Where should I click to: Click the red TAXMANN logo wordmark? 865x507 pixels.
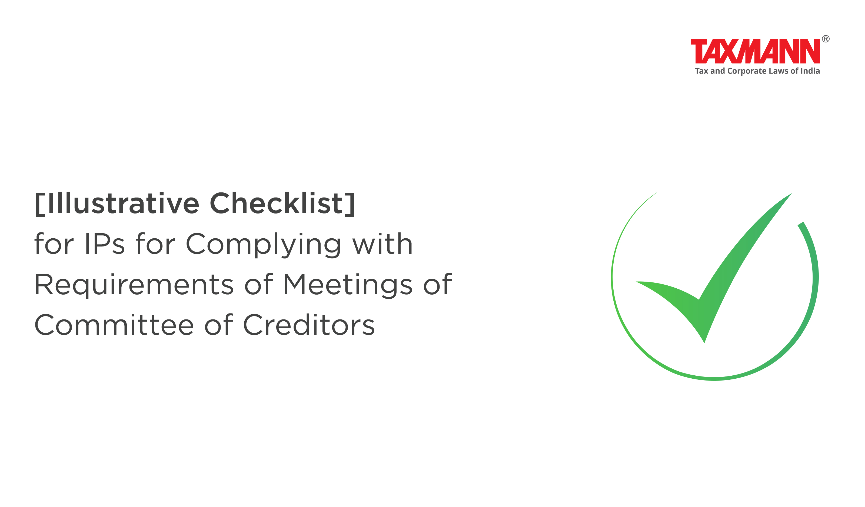click(756, 51)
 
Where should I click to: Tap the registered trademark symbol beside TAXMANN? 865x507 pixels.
click(826, 39)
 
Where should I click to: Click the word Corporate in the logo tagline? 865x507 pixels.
click(747, 71)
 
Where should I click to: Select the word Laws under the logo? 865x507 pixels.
click(778, 71)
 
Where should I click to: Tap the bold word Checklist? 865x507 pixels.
click(276, 203)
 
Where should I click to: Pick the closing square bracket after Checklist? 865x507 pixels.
click(350, 205)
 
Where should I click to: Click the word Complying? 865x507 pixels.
click(263, 245)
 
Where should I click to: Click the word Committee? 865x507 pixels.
click(114, 325)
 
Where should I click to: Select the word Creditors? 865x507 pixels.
click(309, 325)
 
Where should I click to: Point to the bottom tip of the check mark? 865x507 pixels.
click(704, 343)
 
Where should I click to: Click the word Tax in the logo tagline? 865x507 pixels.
click(702, 71)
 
